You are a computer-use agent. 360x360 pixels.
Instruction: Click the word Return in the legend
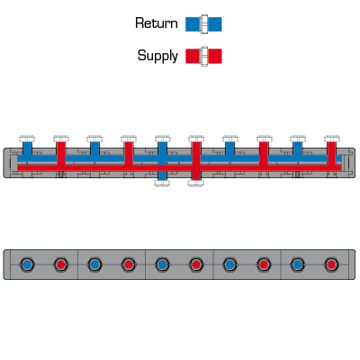157,23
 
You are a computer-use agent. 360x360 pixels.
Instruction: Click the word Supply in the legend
157,56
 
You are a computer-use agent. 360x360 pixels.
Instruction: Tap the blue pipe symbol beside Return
203,24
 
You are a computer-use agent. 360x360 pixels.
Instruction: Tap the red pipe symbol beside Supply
203,56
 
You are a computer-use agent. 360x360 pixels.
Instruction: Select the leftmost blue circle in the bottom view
27,265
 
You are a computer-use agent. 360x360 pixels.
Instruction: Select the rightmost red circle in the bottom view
331,265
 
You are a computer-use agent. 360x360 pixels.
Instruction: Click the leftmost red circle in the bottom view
60,265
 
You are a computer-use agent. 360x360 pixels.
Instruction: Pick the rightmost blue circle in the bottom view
298,265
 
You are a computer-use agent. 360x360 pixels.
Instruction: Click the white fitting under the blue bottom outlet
162,183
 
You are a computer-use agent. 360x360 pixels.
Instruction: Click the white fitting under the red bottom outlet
196,183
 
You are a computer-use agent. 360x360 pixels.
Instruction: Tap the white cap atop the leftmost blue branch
27,139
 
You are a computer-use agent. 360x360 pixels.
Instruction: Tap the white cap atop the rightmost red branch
332,139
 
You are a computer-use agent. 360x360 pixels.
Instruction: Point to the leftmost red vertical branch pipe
61,153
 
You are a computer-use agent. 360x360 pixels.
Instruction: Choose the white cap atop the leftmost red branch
61,139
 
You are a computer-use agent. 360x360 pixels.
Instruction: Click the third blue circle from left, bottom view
162,265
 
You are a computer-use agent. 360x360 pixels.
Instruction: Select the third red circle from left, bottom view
196,265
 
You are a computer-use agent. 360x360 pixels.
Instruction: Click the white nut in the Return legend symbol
204,24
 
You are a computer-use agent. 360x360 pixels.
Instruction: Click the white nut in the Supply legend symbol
204,56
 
